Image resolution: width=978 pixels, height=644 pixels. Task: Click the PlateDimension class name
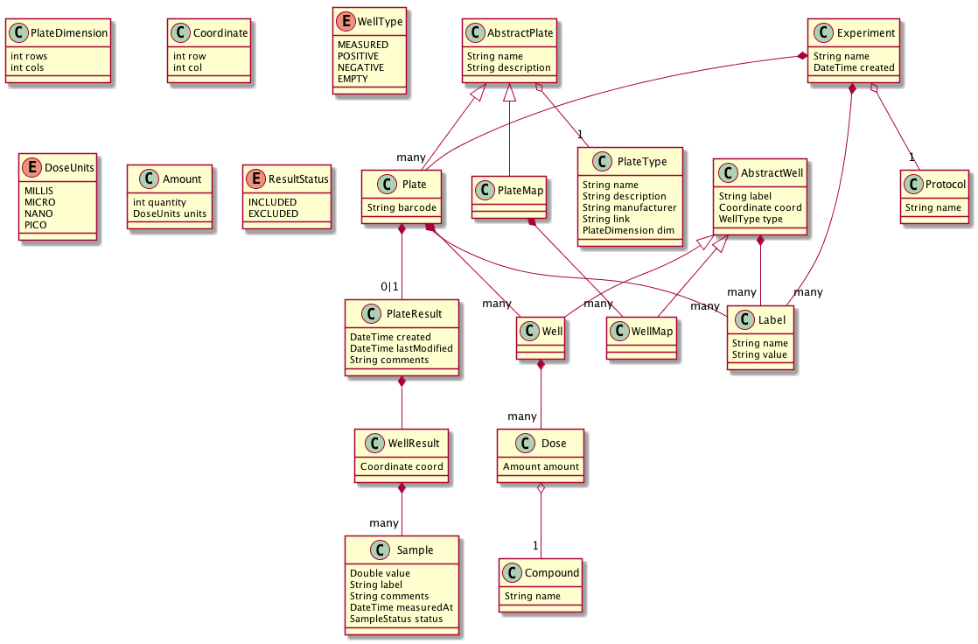tap(69, 34)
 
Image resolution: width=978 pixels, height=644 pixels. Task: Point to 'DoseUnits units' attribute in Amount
tap(170, 214)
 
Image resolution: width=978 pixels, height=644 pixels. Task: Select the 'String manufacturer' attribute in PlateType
tap(629, 208)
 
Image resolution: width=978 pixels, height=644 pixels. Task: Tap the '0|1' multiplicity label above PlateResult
tap(389, 286)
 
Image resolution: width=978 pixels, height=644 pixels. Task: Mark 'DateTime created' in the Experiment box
tap(854, 67)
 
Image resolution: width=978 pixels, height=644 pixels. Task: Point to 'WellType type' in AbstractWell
tap(751, 219)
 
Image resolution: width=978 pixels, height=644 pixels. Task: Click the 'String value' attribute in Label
tap(759, 355)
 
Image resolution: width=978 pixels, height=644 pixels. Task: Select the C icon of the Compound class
tap(514, 572)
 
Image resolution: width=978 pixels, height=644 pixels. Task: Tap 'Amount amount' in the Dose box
tap(541, 467)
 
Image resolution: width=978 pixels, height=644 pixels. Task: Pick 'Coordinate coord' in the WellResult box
tap(402, 467)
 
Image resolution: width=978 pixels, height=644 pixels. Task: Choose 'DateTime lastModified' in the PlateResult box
tap(401, 348)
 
